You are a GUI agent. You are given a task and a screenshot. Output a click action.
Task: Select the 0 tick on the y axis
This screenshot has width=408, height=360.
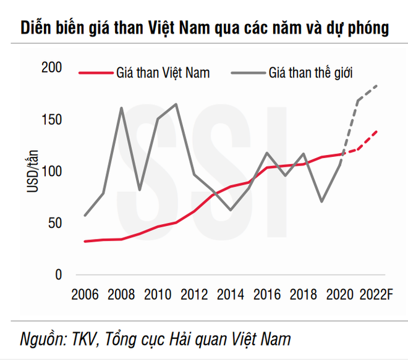[59, 275]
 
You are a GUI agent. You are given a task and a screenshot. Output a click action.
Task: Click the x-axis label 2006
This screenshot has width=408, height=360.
[85, 293]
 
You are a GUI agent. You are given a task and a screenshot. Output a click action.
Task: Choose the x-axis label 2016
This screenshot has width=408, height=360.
[266, 293]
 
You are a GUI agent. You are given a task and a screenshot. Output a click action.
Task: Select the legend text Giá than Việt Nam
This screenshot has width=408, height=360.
[163, 73]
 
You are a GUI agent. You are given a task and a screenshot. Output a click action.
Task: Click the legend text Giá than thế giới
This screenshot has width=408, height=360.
[310, 73]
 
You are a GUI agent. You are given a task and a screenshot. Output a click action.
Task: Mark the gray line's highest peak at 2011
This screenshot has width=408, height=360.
[176, 104]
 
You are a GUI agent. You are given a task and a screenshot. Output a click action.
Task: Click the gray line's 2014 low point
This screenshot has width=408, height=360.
[231, 210]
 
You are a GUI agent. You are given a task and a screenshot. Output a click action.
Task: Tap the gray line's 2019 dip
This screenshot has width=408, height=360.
[321, 201]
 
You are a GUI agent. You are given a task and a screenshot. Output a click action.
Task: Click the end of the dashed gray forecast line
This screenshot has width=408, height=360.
[377, 85]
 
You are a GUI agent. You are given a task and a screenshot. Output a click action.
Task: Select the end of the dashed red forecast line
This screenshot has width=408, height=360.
[377, 131]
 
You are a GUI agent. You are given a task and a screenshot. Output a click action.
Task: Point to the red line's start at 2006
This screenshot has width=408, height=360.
[85, 241]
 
